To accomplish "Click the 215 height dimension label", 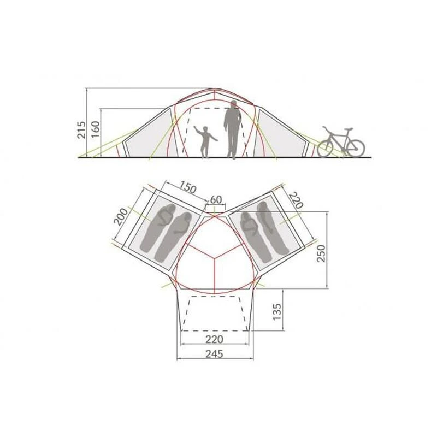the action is coord(81,130).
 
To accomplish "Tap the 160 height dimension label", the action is coord(95,129).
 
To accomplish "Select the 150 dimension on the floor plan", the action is coord(187,187).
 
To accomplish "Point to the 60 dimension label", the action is coord(216,199).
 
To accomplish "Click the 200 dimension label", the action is coord(121,217).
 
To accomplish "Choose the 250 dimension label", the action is coord(321,253).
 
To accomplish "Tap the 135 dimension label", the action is coord(277,311).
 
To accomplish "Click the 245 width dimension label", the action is coord(214,353).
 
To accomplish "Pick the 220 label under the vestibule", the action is coord(214,339).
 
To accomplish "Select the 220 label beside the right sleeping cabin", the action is coord(296,200).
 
